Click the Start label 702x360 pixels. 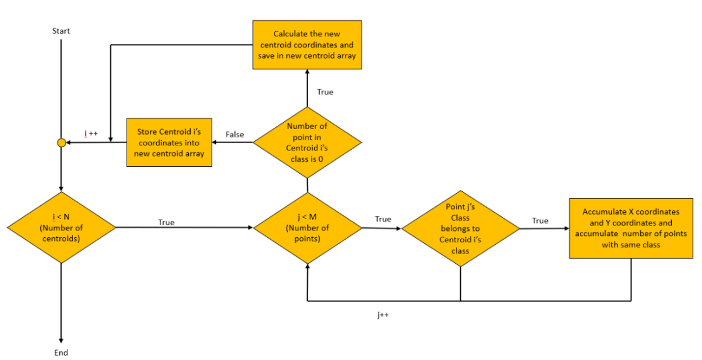point(61,31)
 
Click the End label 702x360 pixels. point(61,352)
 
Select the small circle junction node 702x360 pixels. point(61,143)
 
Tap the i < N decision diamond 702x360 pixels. point(61,227)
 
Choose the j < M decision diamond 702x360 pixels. point(307,227)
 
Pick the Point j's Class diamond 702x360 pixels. point(460,227)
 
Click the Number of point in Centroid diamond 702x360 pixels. point(307,142)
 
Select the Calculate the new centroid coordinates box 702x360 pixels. point(307,45)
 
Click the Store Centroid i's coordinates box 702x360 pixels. point(169,142)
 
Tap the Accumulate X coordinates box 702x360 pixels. point(631,228)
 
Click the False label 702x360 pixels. point(235,135)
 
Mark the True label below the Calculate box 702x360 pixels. point(325,92)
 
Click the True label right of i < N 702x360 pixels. point(166,222)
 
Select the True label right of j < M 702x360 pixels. point(383,219)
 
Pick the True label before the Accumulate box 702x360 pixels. point(540,220)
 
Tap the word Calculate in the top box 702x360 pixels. point(292,33)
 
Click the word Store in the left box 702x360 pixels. point(148,132)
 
